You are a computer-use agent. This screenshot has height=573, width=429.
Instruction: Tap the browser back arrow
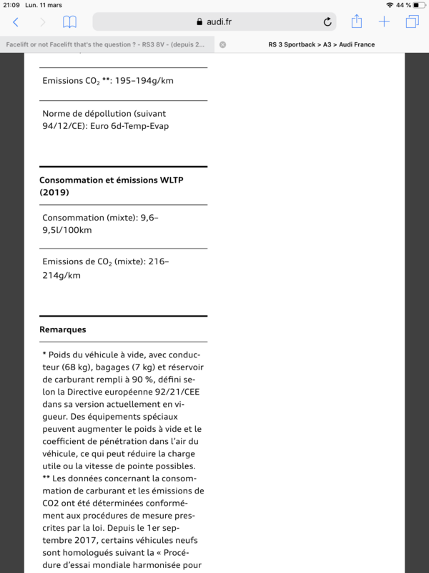coord(16,22)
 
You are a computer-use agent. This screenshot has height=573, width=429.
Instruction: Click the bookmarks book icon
coord(69,22)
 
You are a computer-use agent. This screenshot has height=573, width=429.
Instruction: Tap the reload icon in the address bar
coord(327,22)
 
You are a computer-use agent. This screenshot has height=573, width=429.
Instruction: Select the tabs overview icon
coord(412,22)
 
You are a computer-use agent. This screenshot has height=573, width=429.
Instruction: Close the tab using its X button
coord(222,44)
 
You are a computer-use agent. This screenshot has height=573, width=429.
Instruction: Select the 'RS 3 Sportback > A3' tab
coord(321,44)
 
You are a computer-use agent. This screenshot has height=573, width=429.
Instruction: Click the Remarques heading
coord(63,329)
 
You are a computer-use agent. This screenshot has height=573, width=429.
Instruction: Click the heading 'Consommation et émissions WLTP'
coord(111,180)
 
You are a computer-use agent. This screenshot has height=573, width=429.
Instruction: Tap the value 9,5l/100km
coord(67,231)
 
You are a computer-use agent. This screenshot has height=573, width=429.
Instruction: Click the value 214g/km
coord(61,275)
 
